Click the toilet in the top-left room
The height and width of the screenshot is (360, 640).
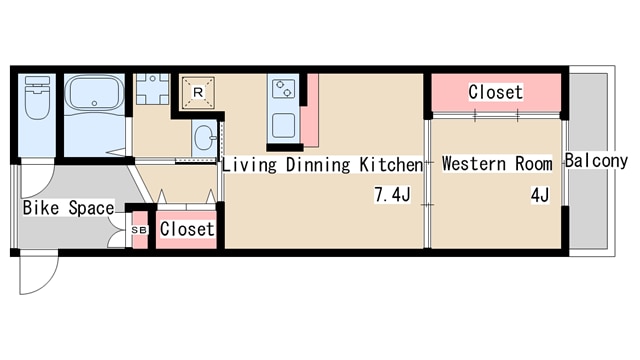tap(37, 97)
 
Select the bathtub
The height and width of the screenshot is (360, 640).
tap(94, 93)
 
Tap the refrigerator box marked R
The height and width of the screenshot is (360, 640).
tap(198, 93)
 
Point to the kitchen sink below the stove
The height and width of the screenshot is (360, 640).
tap(284, 125)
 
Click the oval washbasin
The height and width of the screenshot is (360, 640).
tap(204, 137)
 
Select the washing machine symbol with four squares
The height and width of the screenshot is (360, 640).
tap(152, 89)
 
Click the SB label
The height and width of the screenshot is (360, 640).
tap(139, 230)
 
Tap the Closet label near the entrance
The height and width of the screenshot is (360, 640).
tap(187, 229)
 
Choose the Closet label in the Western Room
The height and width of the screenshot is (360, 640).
tap(496, 92)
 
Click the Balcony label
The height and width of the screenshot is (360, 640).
tap(596, 161)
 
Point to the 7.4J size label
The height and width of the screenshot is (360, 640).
tap(392, 195)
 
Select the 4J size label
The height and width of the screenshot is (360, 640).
tap(540, 195)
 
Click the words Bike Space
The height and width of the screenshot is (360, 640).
tap(69, 208)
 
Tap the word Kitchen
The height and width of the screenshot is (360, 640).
tap(391, 164)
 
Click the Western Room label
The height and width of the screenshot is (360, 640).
tap(497, 164)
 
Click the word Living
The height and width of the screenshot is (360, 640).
tap(249, 165)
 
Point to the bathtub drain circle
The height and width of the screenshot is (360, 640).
tap(94, 103)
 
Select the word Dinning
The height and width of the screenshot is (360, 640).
tap(318, 165)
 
